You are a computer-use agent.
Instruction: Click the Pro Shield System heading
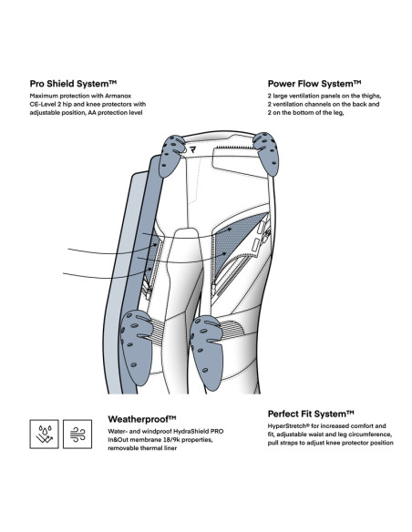[73, 84]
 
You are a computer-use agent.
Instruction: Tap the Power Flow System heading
[314, 84]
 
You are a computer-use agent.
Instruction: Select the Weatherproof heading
[142, 419]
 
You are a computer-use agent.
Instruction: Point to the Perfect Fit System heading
[311, 414]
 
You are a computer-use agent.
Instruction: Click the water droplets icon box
[44, 434]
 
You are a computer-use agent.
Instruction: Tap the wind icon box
[77, 434]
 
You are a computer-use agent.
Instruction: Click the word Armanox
[120, 96]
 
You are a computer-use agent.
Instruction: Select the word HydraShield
[191, 432]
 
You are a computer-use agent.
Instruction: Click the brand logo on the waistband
[193, 149]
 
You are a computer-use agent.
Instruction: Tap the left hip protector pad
[171, 156]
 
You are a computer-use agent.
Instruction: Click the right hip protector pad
[266, 153]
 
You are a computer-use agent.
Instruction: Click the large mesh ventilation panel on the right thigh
[238, 241]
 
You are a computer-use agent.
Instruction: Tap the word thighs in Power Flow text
[371, 96]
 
